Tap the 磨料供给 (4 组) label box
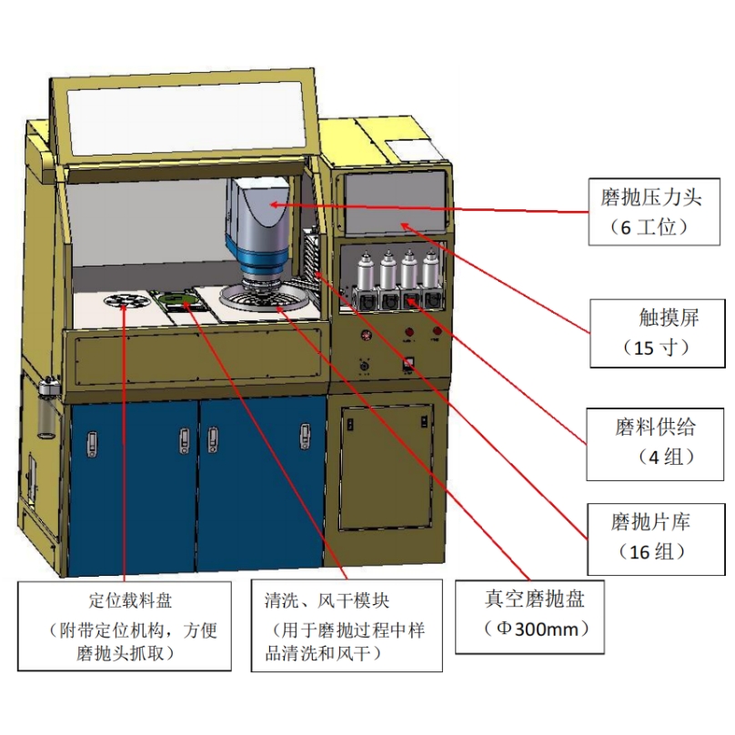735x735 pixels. point(653,440)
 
